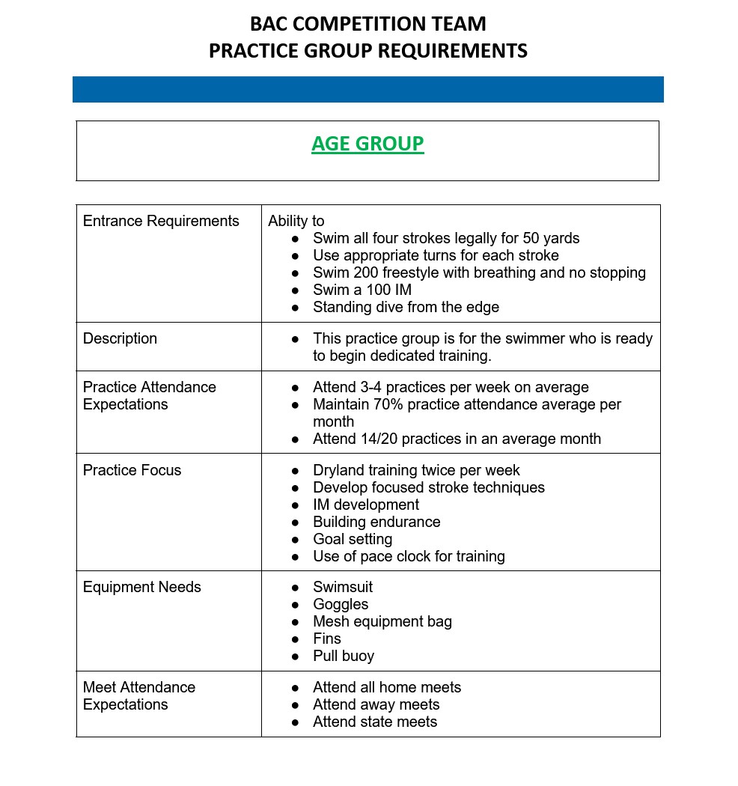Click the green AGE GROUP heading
pos(368,143)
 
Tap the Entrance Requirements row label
pos(161,221)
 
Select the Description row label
pos(120,338)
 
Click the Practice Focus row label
pos(132,470)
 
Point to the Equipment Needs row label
pos(141,587)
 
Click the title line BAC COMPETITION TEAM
pos(368,24)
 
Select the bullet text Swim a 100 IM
pos(362,290)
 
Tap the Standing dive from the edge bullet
pos(406,307)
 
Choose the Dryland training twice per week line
pos(416,470)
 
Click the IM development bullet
pos(366,505)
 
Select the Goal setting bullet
pos(353,539)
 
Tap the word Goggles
pos(341,604)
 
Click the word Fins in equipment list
pos(327,639)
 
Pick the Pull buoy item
pos(344,656)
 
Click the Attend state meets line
pos(375,722)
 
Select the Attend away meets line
pos(376,704)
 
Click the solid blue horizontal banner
pos(368,89)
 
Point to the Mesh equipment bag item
pos(382,621)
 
